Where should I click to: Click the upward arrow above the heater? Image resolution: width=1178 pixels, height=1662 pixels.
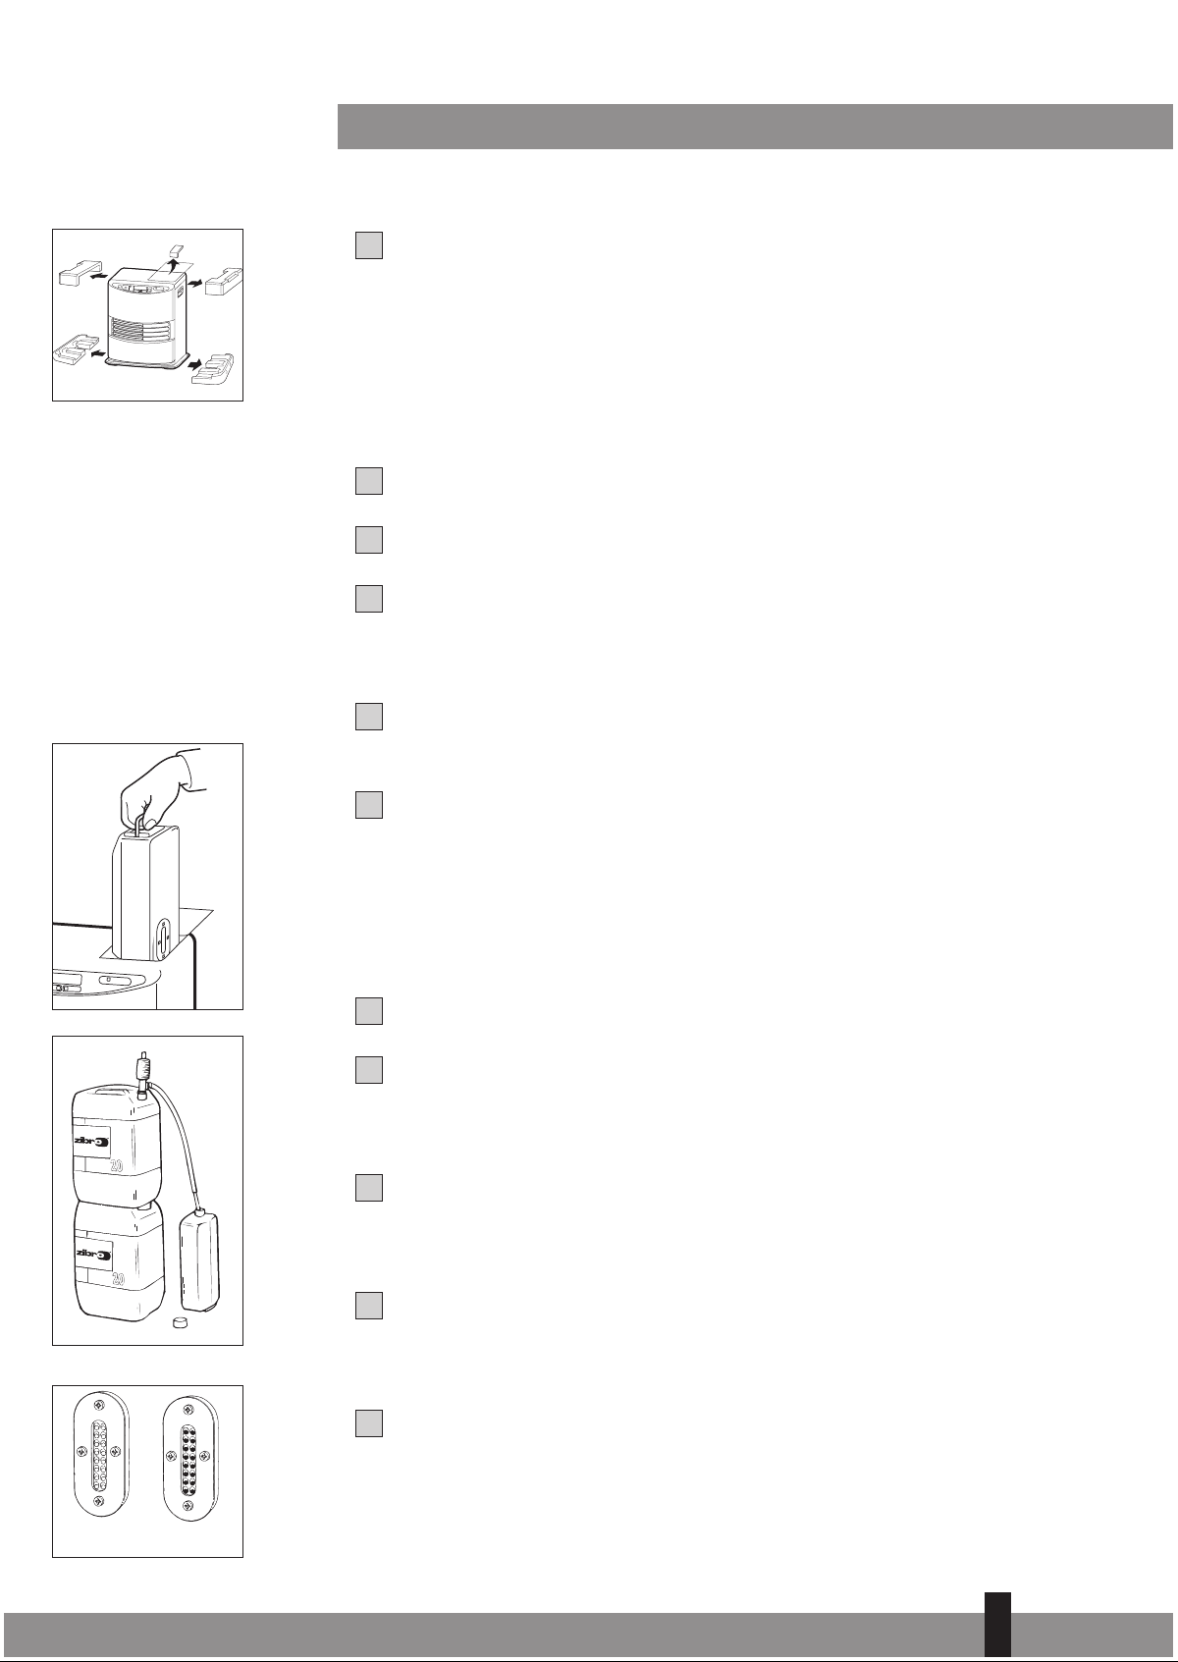[173, 267]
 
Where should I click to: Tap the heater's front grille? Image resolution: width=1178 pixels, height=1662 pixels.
[144, 330]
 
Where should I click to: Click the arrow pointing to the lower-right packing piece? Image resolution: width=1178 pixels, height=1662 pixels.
[195, 365]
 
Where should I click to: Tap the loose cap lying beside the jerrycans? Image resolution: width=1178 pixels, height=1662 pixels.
[178, 1322]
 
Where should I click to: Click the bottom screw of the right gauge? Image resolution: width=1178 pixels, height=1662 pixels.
[188, 1505]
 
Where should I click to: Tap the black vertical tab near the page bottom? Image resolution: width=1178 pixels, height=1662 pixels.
[997, 1624]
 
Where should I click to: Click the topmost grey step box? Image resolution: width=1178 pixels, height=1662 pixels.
[369, 245]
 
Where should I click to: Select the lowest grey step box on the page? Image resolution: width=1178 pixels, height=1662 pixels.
[369, 1423]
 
